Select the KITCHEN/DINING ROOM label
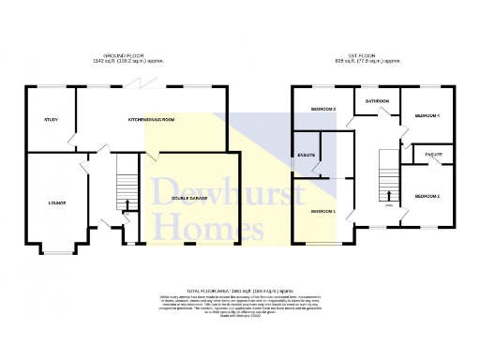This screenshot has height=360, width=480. coord(151,120)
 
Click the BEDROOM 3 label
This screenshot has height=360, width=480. coord(322,110)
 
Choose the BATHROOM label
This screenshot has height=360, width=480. coord(377,100)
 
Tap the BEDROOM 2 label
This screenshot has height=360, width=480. coord(427,196)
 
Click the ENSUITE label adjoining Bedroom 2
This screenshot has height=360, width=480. coord(433,153)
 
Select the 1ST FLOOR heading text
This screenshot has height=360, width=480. coord(372,55)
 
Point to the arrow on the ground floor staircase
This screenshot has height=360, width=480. coord(127,204)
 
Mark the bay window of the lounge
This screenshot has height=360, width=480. coord(57,251)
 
